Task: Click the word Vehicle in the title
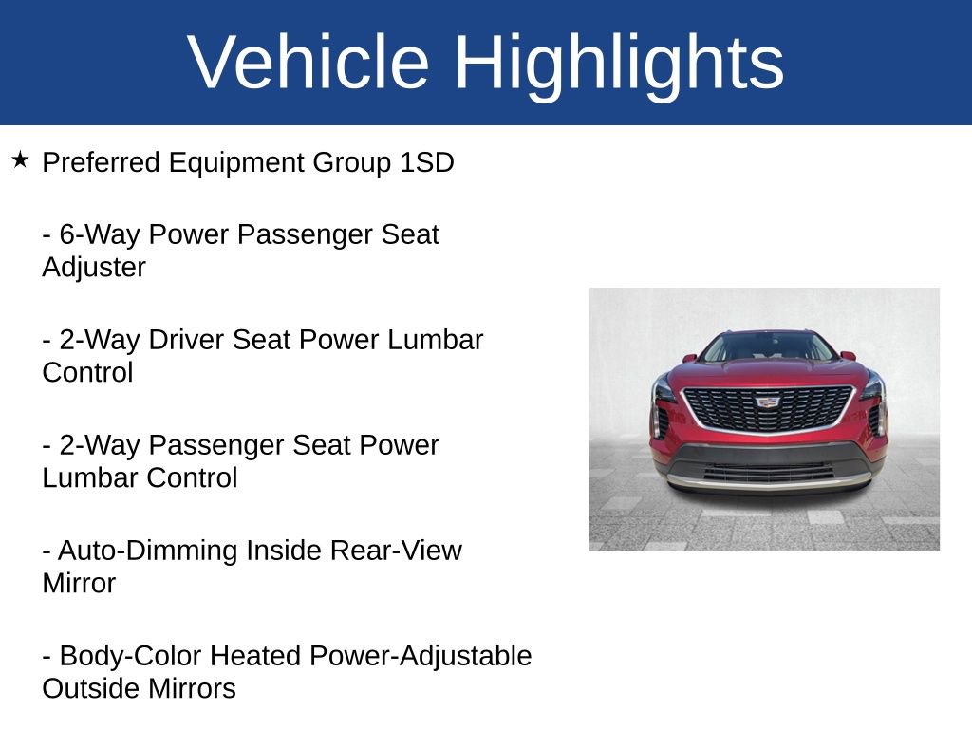308,63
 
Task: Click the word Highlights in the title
619,63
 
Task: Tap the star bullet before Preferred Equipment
21,159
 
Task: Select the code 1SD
426,162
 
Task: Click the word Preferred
102,162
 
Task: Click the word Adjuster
94,267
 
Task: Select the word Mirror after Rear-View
79,583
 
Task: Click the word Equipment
236,162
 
